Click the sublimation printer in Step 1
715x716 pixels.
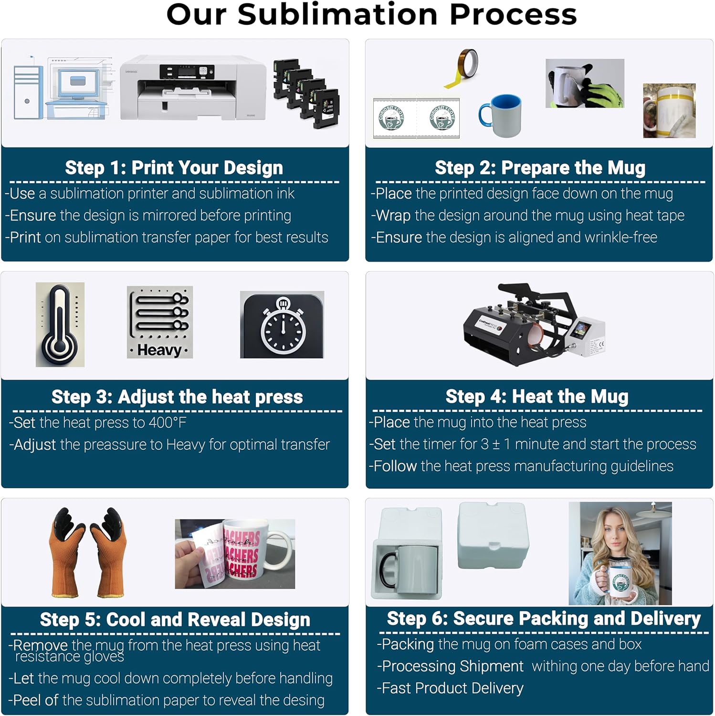click(x=193, y=88)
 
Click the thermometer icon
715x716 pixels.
click(x=60, y=325)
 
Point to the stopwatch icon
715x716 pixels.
click(x=282, y=325)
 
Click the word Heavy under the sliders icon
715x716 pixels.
click(x=159, y=350)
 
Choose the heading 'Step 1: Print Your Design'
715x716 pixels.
click(x=174, y=168)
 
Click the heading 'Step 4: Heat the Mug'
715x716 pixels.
click(x=537, y=396)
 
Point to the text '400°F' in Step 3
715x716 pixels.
click(x=167, y=422)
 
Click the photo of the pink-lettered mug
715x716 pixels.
click(x=235, y=554)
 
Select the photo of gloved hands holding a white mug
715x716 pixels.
click(x=585, y=84)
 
